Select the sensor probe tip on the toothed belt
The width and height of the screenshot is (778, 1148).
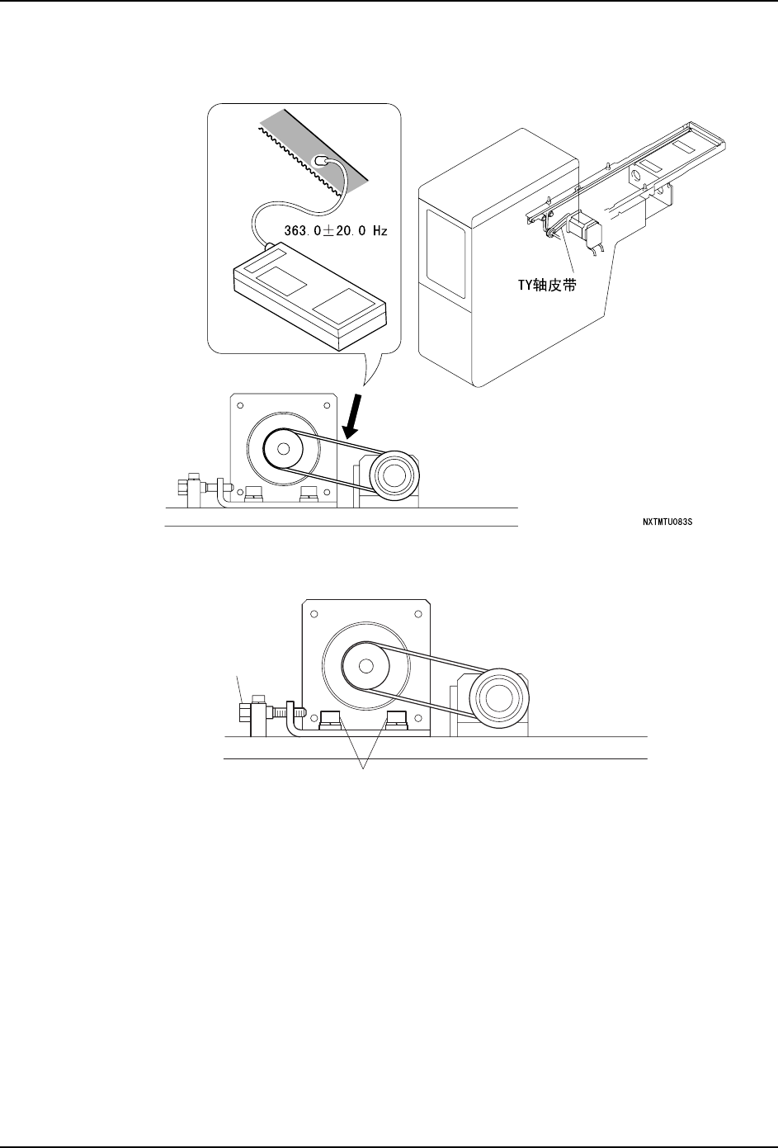323,162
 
